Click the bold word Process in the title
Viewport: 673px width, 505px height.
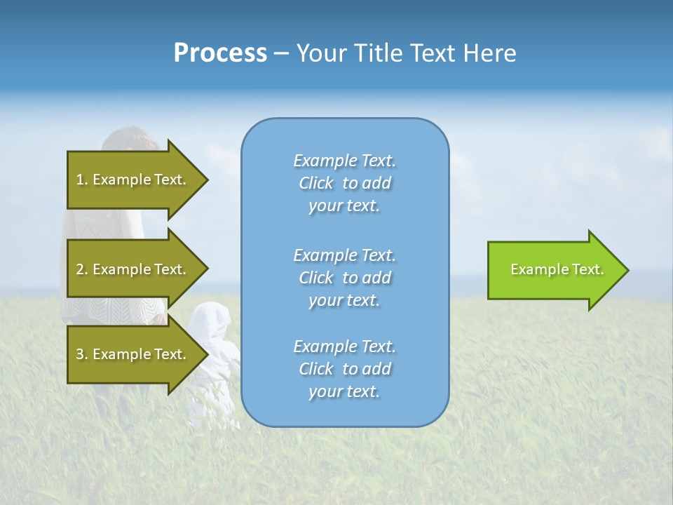220,53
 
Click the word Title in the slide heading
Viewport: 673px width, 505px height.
379,53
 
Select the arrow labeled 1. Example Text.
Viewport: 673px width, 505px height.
133,180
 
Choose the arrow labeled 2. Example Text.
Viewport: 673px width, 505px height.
133,269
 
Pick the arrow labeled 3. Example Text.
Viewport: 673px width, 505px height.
133,354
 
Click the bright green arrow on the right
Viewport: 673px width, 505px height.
554,269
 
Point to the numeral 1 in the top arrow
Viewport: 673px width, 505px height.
80,180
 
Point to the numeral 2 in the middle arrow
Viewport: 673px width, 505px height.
80,269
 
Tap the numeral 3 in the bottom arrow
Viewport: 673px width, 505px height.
80,354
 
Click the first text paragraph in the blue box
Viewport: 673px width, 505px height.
344,183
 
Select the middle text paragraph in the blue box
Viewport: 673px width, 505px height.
344,277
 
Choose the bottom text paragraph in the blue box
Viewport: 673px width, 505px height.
344,369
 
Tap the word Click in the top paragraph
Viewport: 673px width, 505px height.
316,184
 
